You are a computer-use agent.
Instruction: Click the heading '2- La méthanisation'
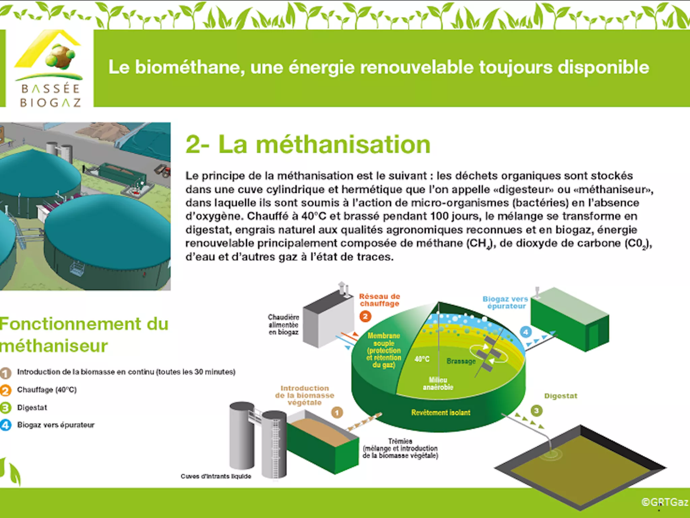(308, 144)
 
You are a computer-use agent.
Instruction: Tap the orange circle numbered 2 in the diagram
(365, 316)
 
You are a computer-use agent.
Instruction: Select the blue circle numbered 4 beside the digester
(526, 332)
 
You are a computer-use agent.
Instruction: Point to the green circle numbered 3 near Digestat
(536, 410)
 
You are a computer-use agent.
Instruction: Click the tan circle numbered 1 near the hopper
(337, 412)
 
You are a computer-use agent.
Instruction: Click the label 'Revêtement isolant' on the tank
(440, 412)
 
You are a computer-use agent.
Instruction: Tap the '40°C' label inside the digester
(422, 359)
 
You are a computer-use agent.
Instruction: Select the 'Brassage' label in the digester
(461, 361)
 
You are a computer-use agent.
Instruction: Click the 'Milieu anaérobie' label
(438, 384)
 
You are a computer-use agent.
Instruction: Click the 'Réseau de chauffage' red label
(379, 300)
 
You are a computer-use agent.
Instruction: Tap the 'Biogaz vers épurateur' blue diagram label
(505, 302)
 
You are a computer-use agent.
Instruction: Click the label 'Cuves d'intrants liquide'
(216, 476)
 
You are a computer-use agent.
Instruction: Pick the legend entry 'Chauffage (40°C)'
(47, 390)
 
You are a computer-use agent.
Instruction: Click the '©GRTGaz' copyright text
(664, 502)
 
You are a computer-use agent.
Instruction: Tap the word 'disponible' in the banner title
(603, 67)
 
